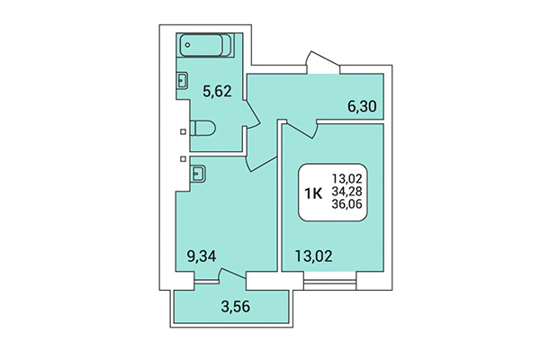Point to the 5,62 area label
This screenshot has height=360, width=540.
point(217,90)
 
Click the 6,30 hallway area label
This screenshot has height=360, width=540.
point(362,104)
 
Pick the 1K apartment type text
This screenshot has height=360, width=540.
point(316,193)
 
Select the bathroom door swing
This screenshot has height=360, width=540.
point(253,116)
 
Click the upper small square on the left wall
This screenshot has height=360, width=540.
point(184,131)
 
